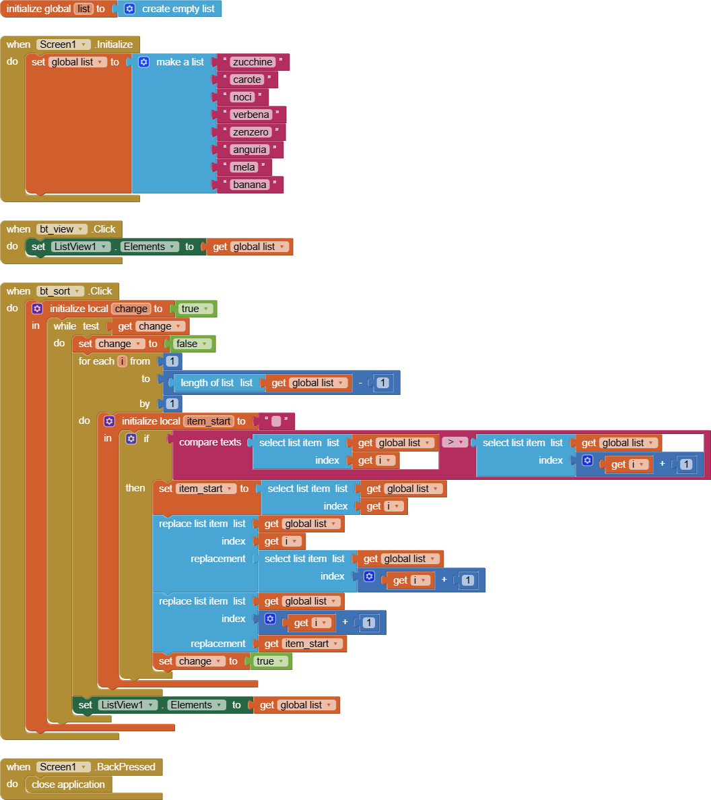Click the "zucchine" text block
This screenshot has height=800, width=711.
252,62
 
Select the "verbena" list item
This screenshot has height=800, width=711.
251,115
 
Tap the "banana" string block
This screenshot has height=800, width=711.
250,185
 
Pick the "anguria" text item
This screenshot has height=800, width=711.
250,150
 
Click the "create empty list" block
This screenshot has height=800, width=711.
178,9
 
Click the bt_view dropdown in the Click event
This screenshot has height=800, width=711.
62,229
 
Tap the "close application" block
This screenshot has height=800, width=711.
68,784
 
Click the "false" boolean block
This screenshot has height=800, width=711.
192,344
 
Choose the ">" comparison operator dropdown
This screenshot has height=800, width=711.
454,443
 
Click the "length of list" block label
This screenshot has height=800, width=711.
207,383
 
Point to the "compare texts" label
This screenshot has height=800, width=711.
210,443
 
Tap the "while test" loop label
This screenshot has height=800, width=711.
76,326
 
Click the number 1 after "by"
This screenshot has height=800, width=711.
172,404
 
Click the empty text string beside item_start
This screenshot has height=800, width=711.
275,421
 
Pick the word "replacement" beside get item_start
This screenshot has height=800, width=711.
218,644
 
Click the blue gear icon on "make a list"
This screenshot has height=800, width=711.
143,62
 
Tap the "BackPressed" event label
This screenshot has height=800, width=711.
126,767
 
